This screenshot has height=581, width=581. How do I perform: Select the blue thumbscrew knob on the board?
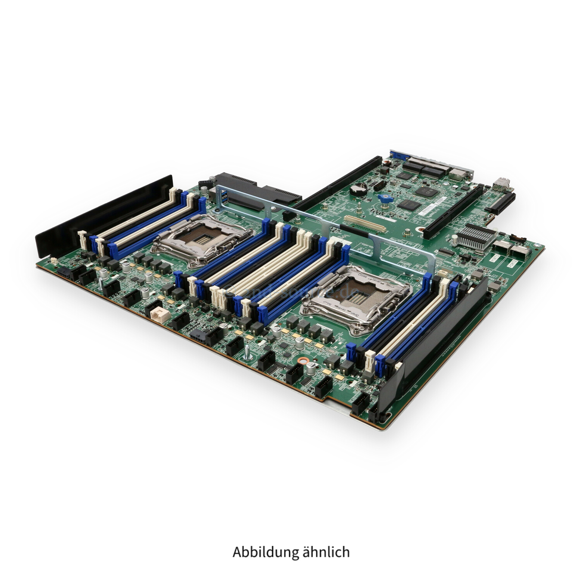386,198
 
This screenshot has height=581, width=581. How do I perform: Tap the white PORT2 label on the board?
512,263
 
